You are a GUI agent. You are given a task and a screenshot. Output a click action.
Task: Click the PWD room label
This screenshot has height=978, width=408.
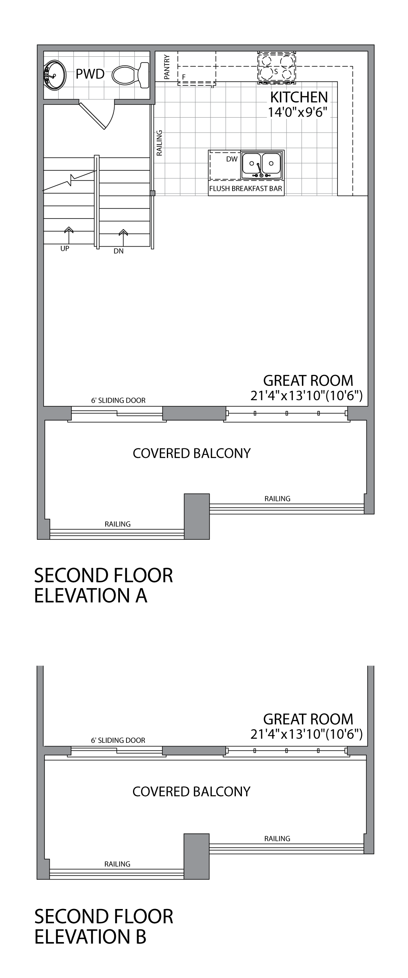point(90,74)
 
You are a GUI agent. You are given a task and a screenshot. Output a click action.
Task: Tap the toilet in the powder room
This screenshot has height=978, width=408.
point(131,74)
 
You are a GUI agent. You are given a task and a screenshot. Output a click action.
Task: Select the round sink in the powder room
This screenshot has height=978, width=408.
point(54,74)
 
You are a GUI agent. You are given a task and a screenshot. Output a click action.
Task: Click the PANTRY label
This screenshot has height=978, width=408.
point(166,67)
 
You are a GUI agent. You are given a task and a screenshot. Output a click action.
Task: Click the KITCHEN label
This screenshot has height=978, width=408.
point(299,97)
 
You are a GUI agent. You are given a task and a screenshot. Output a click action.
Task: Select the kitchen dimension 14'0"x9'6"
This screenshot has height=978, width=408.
point(298,112)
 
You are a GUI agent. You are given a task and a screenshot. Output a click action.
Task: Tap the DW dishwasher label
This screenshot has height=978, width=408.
point(232,159)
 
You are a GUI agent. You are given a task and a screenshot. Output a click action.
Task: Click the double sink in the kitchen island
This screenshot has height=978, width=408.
point(262,164)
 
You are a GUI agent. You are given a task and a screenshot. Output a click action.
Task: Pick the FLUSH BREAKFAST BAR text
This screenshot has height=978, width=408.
point(246,189)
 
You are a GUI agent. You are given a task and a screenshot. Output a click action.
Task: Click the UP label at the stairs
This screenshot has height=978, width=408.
point(65,248)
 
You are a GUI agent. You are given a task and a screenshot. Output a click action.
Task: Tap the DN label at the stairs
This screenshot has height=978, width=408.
point(118,251)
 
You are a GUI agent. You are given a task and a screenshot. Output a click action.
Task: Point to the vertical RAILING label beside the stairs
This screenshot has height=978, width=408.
point(160,143)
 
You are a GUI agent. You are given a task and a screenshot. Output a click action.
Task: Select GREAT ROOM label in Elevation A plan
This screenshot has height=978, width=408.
point(308,381)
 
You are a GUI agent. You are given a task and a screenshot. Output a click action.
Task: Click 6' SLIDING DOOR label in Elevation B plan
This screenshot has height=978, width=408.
point(118,740)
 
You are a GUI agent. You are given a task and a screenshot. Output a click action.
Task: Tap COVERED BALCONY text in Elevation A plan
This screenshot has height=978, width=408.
point(192,453)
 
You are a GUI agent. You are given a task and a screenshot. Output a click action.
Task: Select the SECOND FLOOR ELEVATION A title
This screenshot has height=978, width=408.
point(104,585)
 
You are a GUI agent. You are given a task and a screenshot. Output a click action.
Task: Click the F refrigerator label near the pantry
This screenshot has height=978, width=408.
point(184,76)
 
